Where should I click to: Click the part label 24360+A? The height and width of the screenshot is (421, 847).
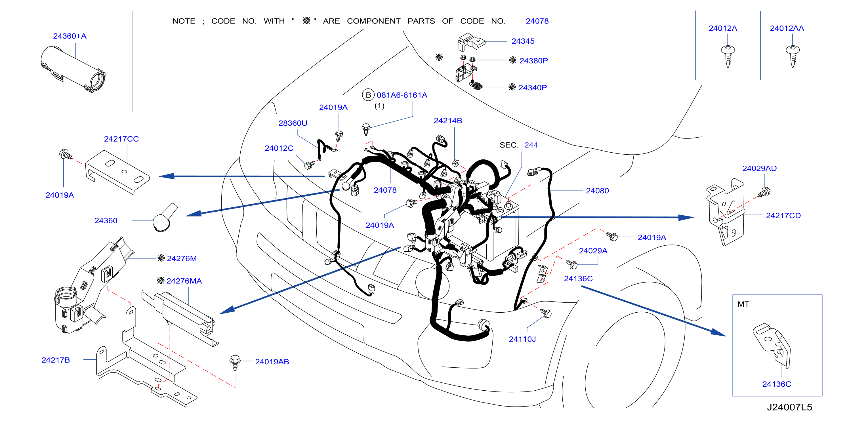coord(70,36)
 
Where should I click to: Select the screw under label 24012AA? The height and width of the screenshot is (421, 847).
coord(793,56)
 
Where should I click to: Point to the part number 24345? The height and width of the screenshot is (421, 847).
coord(523,41)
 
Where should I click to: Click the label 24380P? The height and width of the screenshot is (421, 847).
coord(533,61)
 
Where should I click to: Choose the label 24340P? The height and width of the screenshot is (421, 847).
coord(532,88)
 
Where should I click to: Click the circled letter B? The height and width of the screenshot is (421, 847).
coord(368,95)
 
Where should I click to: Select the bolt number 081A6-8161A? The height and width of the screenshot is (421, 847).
coord(402,95)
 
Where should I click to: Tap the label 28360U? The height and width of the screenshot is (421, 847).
coord(293,123)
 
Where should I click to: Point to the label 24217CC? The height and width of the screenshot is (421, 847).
coord(121,139)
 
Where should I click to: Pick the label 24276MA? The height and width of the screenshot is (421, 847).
coord(184,281)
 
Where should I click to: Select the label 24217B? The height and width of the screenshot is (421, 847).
coord(56,360)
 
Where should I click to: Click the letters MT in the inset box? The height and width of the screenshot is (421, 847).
coord(743,304)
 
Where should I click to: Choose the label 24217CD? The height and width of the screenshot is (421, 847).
coord(783,216)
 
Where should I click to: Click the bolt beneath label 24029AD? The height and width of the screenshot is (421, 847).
coord(764,192)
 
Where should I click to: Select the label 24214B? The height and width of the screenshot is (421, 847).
coord(448,121)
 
